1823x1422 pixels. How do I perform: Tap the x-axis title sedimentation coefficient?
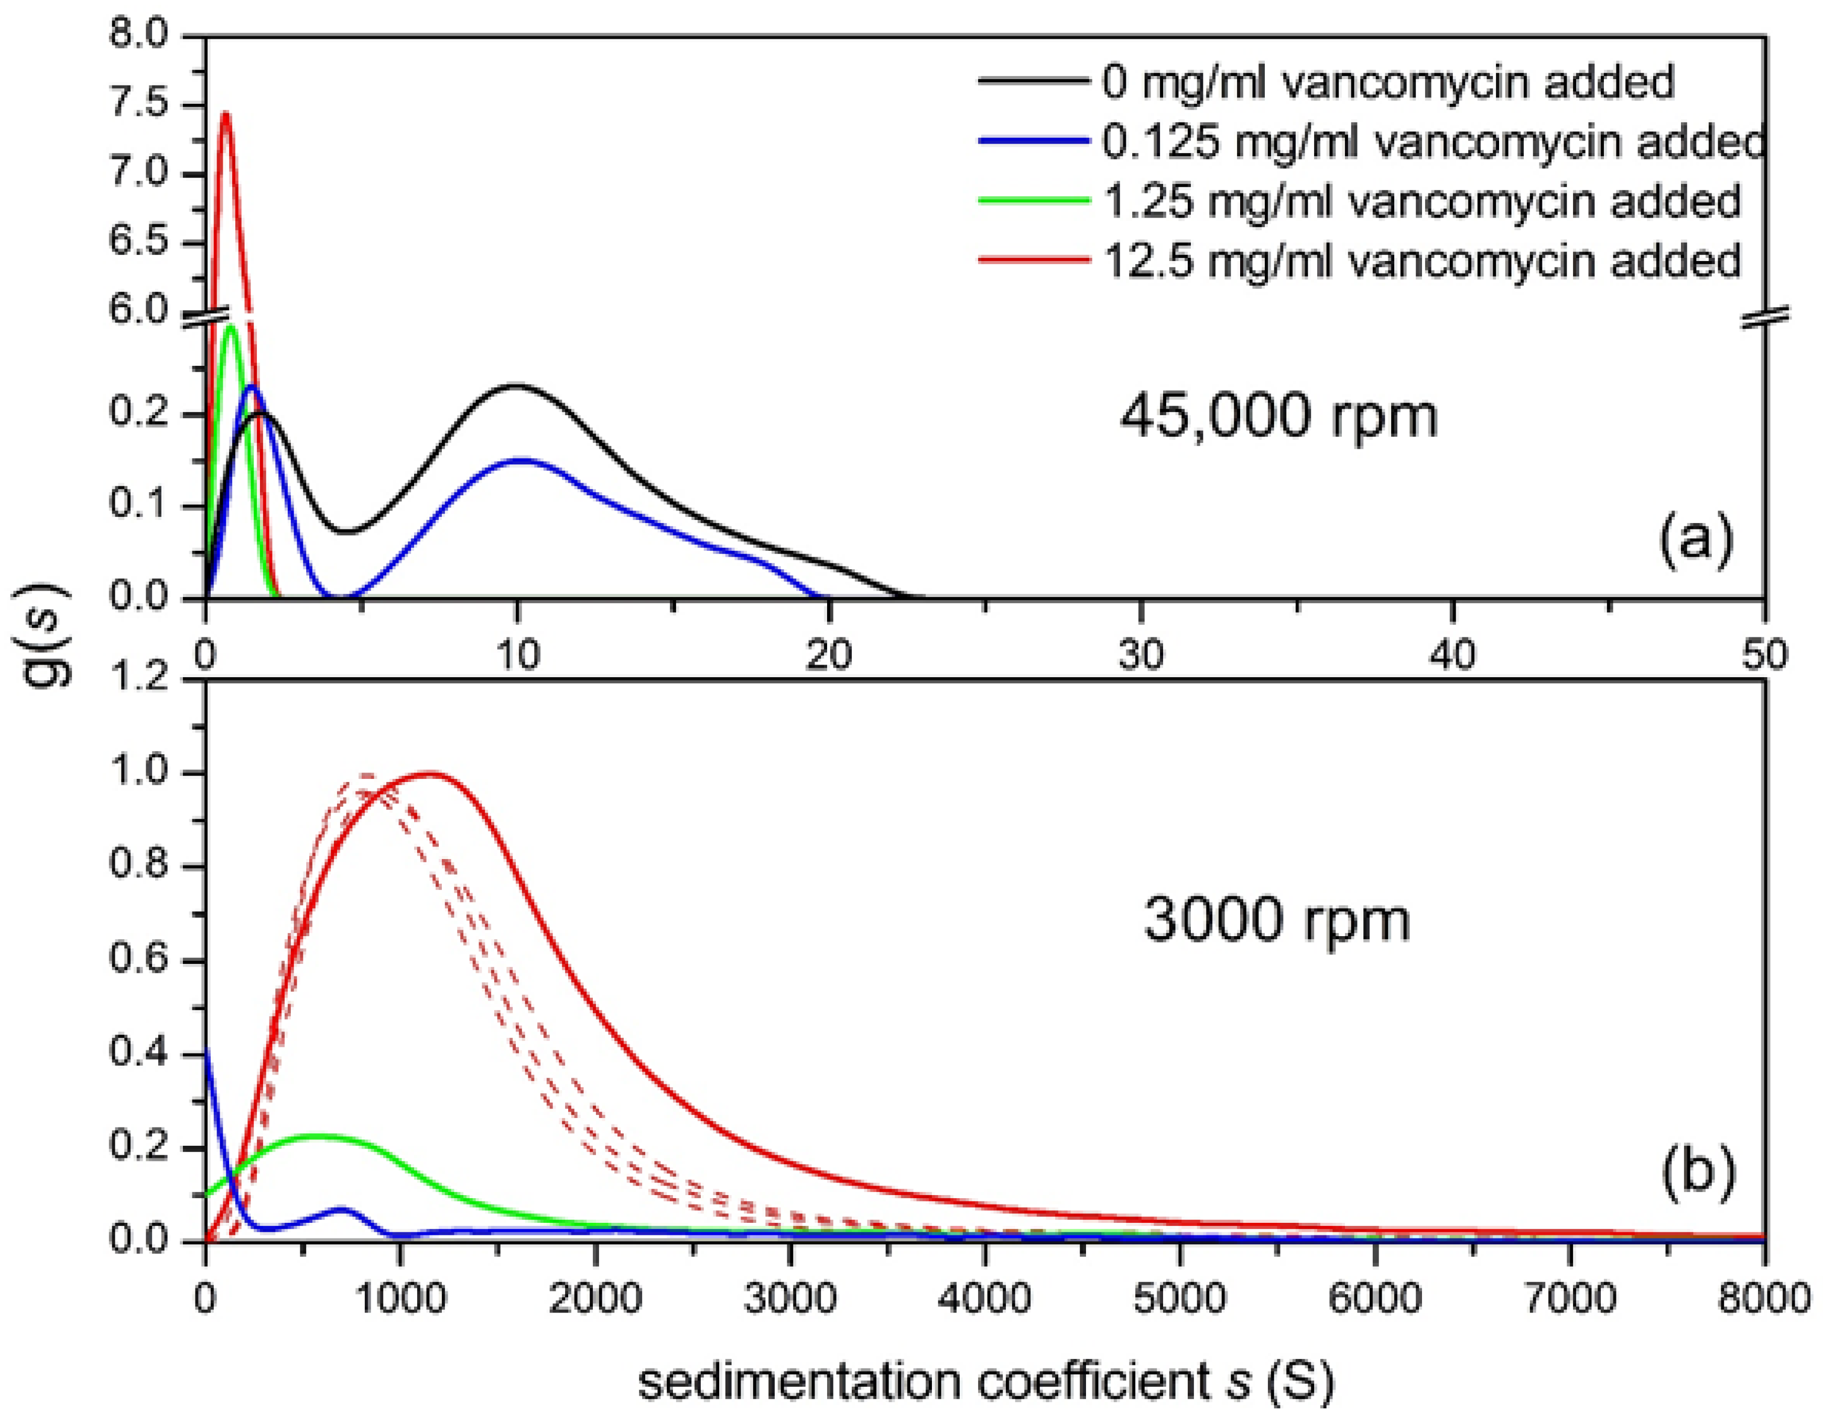coord(985,1381)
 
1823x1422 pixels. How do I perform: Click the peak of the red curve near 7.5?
coord(224,114)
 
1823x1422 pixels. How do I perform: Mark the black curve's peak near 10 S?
coord(517,386)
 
